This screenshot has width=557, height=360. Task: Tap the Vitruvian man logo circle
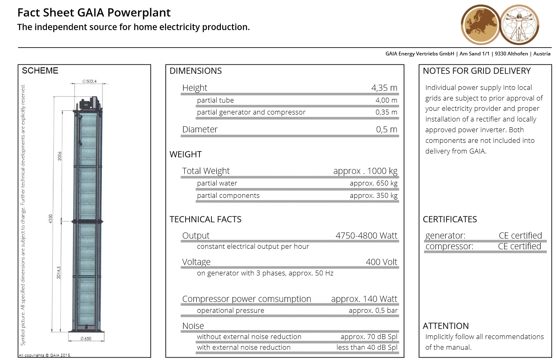pos(519,25)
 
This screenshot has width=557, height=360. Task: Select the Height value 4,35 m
pos(384,88)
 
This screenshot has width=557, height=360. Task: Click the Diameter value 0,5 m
pos(387,129)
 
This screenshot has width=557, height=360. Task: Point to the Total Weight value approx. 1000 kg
pos(365,171)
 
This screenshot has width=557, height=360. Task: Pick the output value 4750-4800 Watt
pos(367,236)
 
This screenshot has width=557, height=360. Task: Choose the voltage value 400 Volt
pos(381,262)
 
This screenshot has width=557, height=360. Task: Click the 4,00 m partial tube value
pos(386,101)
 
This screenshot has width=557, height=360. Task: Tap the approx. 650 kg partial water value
pos(374,183)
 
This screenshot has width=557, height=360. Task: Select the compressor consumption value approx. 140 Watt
pos(364,299)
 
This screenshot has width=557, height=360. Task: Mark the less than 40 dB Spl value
pos(367,347)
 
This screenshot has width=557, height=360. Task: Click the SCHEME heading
pos(40,71)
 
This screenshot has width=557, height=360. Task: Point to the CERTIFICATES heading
pos(450,219)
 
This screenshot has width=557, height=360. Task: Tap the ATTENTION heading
pos(446,326)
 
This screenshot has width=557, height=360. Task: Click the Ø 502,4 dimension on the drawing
pos(89,81)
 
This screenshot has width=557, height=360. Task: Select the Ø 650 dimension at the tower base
pos(86,338)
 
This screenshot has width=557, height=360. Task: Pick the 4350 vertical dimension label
pos(50,218)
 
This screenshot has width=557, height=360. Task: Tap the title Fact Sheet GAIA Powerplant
pos(94,13)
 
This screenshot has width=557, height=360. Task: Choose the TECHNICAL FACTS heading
pos(205,219)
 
